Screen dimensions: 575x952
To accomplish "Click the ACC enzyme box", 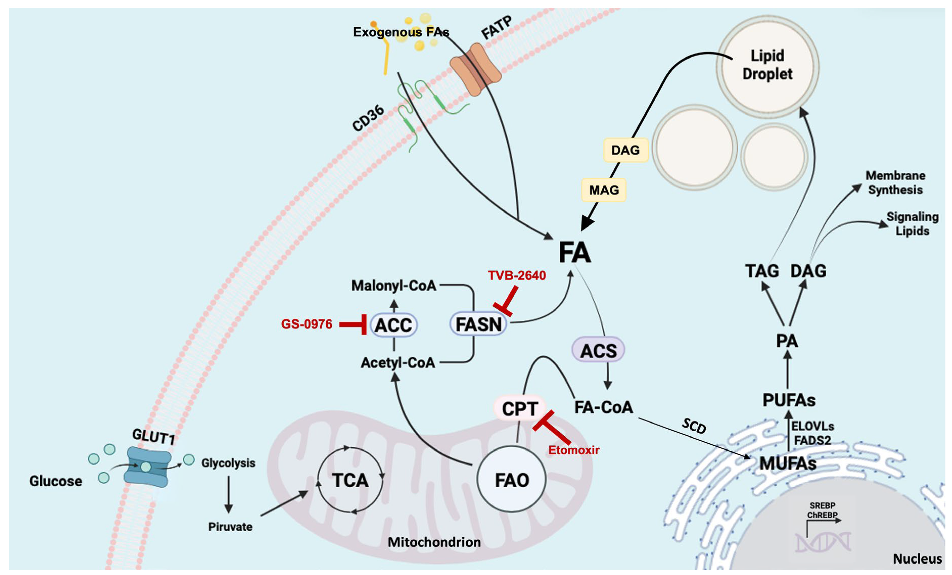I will (393, 325).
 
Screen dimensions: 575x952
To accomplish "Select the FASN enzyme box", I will (478, 324).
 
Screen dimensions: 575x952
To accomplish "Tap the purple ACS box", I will (598, 350).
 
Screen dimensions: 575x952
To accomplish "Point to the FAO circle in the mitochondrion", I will (512, 480).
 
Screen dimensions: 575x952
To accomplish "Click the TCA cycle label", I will (350, 480).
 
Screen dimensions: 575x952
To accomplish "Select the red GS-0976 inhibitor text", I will (306, 324).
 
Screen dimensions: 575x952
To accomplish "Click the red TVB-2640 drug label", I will (516, 276).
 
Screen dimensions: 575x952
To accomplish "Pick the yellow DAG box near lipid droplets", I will (625, 150).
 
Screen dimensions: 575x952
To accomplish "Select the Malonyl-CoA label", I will (393, 285).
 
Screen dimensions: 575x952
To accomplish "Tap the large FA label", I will (575, 253).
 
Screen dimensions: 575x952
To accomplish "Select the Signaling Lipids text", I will (913, 224).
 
